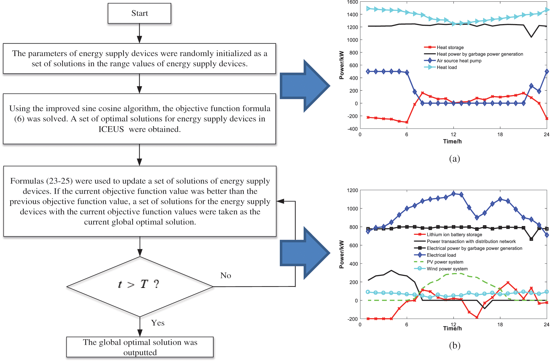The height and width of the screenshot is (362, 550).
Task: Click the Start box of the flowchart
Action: [x=139, y=13]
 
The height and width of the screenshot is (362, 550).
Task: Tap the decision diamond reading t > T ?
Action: [x=139, y=286]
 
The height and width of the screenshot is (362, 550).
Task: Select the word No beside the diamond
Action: [x=226, y=275]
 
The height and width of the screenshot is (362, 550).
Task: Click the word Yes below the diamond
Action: [x=158, y=323]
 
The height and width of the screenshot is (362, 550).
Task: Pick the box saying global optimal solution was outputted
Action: [x=140, y=347]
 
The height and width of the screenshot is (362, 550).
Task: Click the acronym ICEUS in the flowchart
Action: [x=111, y=129]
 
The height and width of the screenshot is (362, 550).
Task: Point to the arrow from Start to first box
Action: [x=139, y=33]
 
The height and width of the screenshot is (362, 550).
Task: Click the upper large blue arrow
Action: [x=305, y=86]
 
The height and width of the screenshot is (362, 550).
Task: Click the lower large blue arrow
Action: [x=305, y=253]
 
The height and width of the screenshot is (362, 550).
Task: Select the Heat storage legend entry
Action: [x=450, y=47]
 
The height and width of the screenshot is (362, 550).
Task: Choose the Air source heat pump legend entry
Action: [x=459, y=61]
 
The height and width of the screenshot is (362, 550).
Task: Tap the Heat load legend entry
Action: [x=447, y=67]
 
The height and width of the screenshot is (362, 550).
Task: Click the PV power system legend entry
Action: [x=445, y=262]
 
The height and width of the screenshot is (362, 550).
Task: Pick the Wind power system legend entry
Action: [x=447, y=269]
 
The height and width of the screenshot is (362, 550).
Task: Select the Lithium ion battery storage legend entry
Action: [x=454, y=235]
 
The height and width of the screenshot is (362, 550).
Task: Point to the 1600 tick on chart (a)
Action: [x=352, y=2]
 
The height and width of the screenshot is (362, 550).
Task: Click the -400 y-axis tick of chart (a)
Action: [x=353, y=129]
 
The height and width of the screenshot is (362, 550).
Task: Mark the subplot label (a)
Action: [x=454, y=158]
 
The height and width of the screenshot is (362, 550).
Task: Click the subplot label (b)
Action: [x=454, y=345]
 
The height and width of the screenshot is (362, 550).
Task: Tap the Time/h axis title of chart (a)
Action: [x=452, y=141]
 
